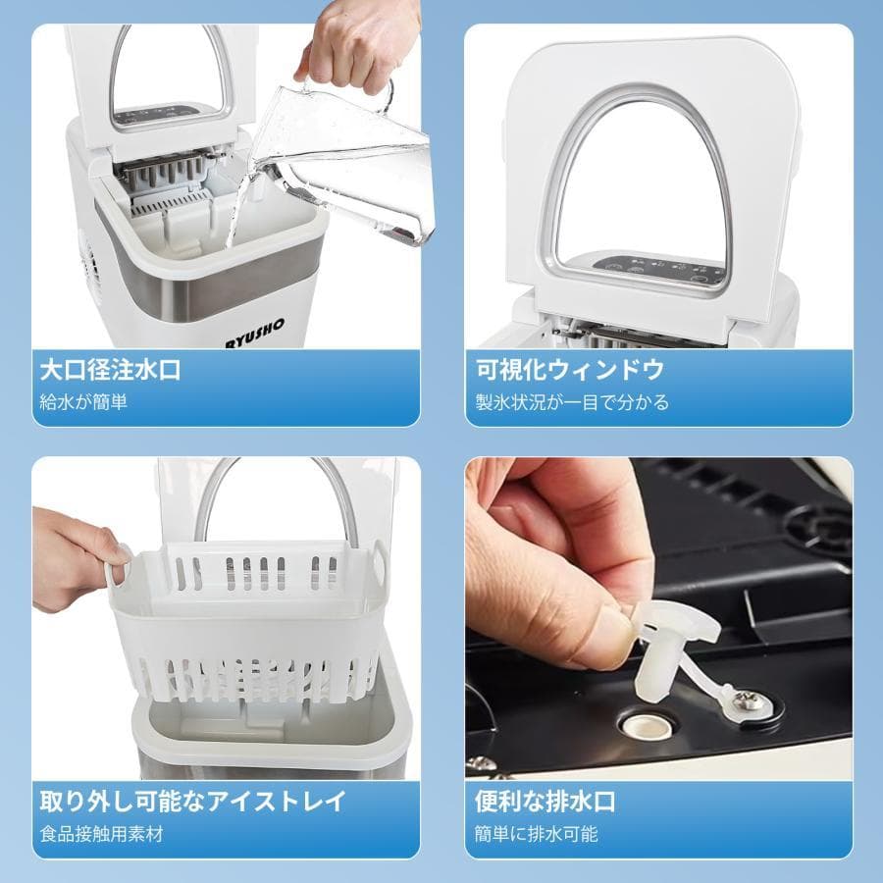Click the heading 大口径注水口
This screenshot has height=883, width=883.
[x=110, y=370]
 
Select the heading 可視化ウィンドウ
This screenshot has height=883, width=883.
[x=570, y=370]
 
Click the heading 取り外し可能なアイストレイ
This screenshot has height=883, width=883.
[x=192, y=802]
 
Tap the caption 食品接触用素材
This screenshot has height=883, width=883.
[x=101, y=835]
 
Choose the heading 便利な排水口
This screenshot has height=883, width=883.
[x=545, y=802]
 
